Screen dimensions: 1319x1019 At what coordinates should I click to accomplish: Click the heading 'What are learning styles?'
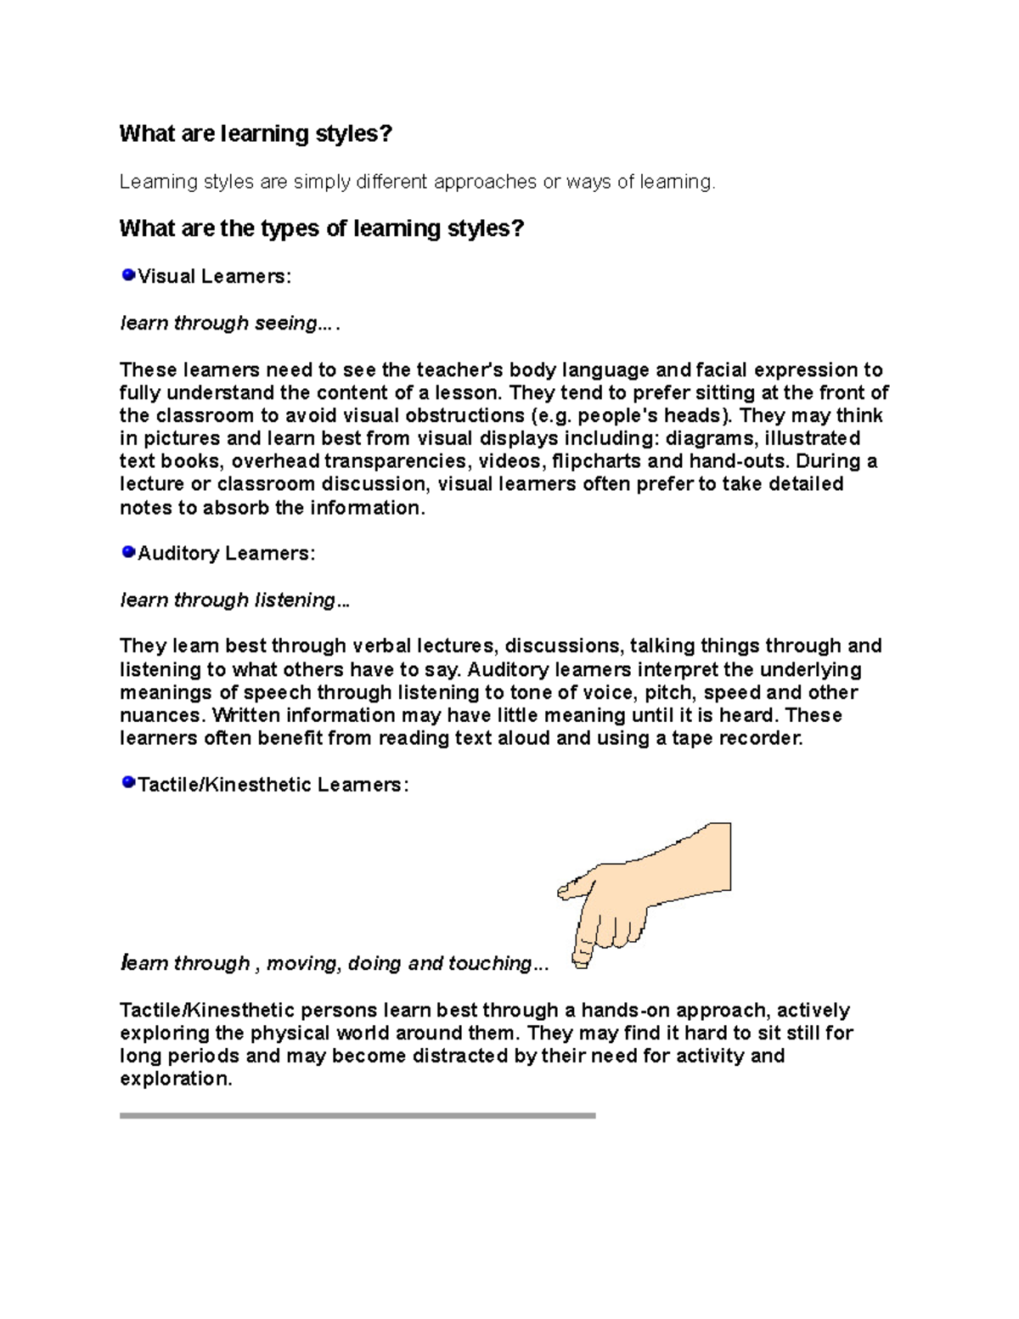256,133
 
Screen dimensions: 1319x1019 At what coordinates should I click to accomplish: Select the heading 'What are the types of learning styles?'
322,228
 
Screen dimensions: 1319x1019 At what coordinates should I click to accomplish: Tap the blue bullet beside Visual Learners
128,274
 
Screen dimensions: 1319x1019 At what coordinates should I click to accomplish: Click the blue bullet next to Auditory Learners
128,552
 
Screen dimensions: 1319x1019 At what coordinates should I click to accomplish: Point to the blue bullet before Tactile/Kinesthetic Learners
128,781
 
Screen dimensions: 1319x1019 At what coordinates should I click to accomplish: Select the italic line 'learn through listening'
234,600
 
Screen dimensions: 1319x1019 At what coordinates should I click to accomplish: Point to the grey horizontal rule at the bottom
357,1115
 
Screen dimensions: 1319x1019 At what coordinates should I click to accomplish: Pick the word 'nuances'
160,715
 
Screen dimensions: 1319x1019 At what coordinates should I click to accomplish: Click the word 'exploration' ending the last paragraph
175,1079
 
